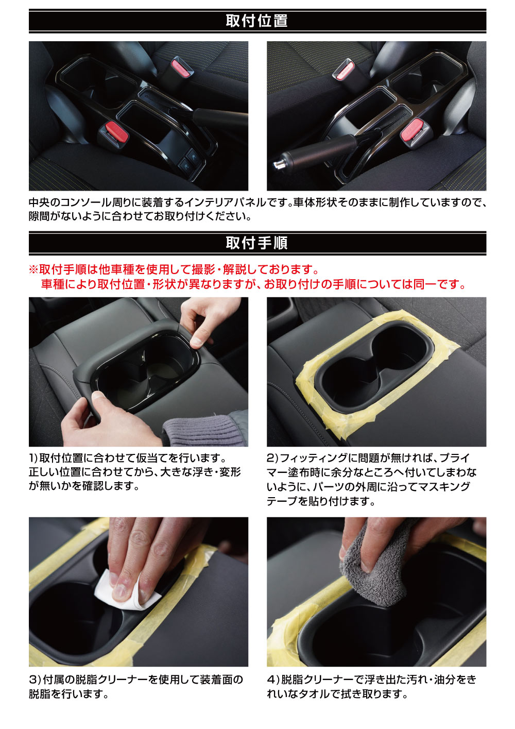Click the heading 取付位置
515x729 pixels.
click(256, 21)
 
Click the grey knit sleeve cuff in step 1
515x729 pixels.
click(204, 431)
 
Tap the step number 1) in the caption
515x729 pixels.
click(33, 459)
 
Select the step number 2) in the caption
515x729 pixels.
click(272, 459)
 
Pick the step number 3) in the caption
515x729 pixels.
click(34, 677)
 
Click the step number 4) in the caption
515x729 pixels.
click(272, 677)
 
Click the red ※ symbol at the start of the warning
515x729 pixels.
click(33, 270)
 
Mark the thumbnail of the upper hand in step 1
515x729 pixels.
click(196, 342)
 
